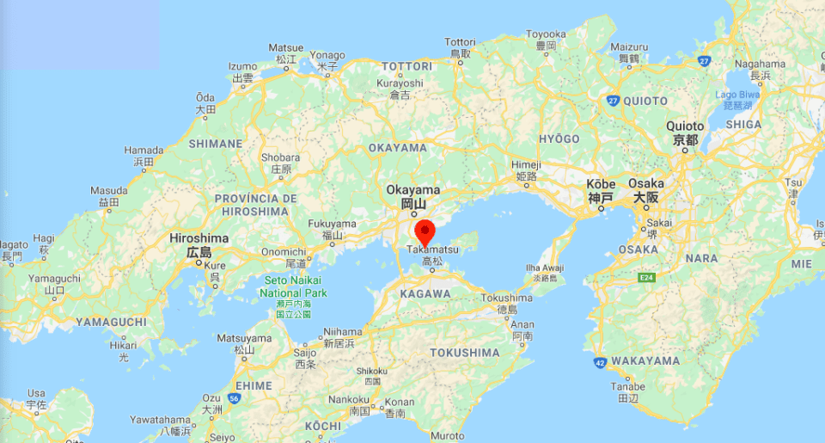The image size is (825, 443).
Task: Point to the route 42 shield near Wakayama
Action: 599,363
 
